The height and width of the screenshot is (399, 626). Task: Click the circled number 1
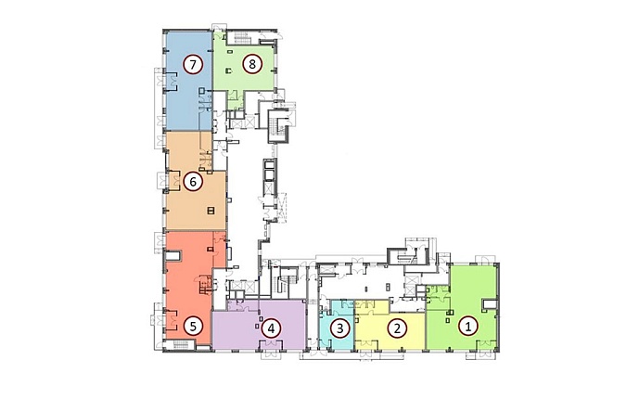tap(468, 328)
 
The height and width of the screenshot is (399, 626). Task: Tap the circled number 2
tap(397, 328)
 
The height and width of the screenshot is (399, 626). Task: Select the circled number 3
tap(340, 328)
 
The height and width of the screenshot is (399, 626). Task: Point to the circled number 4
tap(271, 328)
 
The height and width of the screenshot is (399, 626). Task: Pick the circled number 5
tap(193, 327)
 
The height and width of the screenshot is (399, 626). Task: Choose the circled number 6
tap(193, 182)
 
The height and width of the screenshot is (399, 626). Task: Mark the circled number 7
tap(193, 64)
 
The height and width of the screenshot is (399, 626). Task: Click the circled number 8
tap(252, 63)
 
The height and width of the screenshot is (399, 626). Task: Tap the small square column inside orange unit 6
tap(211, 211)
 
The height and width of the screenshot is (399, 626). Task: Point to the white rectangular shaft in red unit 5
tap(173, 255)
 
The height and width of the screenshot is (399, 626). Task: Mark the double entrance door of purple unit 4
tap(271, 344)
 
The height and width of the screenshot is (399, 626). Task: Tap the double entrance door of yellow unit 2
tap(367, 344)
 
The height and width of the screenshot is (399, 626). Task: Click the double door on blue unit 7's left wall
tap(172, 81)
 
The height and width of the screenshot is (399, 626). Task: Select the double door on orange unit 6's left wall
tap(174, 179)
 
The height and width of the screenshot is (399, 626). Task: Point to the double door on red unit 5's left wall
tap(172, 320)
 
